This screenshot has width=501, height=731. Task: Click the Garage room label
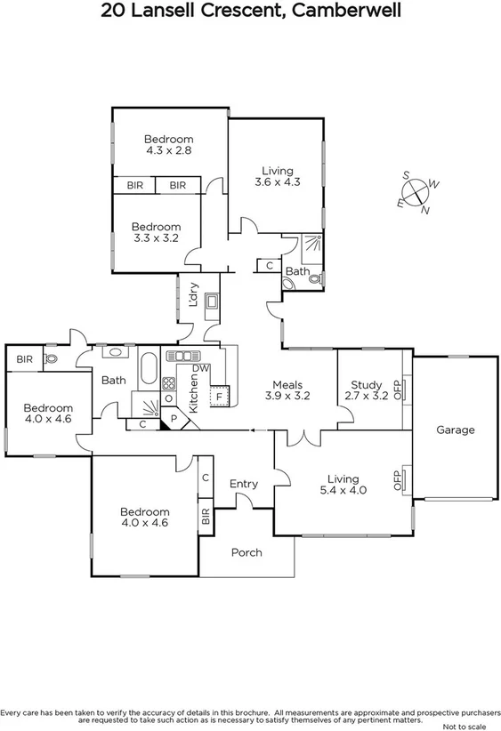click(455, 430)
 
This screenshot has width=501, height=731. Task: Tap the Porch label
click(246, 552)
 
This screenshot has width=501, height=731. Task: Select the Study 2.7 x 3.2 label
click(366, 390)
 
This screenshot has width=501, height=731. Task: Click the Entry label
click(244, 484)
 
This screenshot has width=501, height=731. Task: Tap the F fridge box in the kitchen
click(218, 394)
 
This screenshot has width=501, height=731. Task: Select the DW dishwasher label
click(200, 368)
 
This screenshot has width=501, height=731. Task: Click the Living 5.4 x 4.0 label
click(343, 484)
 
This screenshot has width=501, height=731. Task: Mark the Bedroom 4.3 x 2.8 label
click(169, 145)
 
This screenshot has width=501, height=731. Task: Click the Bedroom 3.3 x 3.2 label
click(157, 233)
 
